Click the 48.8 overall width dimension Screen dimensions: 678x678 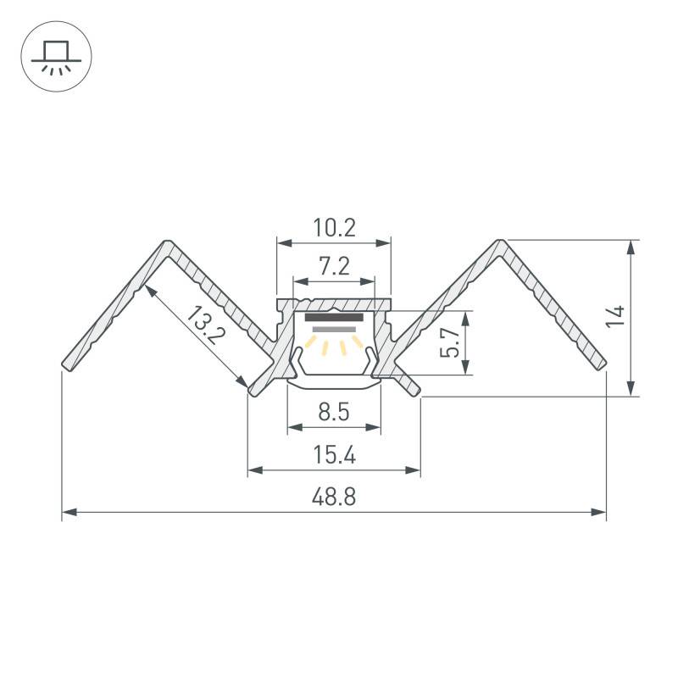tap(334, 497)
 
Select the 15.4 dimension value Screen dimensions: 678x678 tap(334, 455)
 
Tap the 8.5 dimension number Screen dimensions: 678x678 tap(334, 412)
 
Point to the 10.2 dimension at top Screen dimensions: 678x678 tap(334, 228)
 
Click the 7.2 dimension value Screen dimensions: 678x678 tap(334, 266)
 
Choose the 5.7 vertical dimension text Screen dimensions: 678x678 tap(449, 342)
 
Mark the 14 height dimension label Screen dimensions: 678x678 tap(615, 316)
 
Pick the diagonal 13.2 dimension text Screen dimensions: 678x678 tap(205, 325)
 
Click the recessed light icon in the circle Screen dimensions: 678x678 tap(56, 58)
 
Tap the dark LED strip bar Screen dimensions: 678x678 tap(334, 318)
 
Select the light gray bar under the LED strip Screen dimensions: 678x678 tap(334, 330)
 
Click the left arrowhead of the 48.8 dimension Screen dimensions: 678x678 tap(69, 513)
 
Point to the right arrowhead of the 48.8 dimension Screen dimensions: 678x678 tap(598, 513)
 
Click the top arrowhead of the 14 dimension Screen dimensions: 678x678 tap(631, 247)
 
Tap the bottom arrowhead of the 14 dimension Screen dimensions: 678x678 tap(631, 388)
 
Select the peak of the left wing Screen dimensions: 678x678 tap(168, 242)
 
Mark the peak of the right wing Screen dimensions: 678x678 tap(500, 242)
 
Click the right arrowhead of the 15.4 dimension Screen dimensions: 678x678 tap(413, 470)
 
